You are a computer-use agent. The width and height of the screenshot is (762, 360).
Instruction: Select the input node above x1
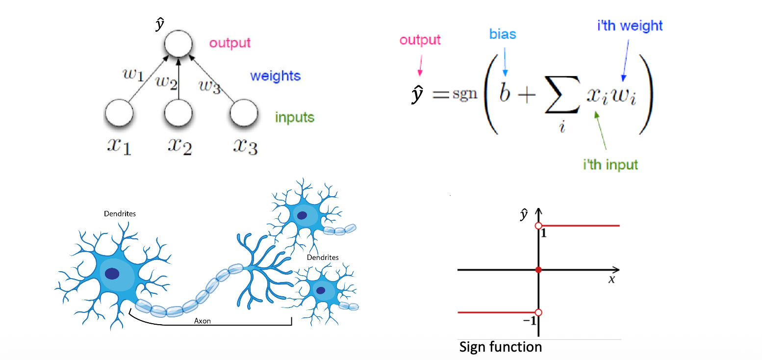click(x=119, y=114)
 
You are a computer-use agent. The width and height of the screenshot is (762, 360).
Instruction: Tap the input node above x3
click(x=244, y=114)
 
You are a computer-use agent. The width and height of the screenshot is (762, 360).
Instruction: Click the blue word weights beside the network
click(x=275, y=77)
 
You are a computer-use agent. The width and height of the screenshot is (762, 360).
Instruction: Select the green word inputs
click(x=294, y=118)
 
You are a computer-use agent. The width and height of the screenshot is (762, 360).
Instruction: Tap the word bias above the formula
click(x=503, y=34)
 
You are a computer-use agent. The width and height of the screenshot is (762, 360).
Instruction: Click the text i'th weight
click(x=630, y=26)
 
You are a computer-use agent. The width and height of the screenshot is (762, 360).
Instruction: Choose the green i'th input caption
click(x=610, y=164)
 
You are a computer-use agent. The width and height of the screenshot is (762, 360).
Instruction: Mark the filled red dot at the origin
click(x=538, y=270)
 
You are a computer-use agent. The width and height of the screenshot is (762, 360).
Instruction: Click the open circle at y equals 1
click(x=538, y=226)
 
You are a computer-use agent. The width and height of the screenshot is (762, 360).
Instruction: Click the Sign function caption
click(x=500, y=347)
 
